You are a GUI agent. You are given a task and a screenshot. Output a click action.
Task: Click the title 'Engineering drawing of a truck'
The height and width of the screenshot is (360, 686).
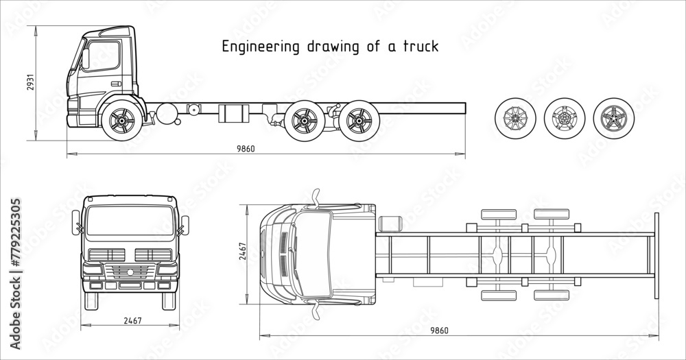click(329, 47)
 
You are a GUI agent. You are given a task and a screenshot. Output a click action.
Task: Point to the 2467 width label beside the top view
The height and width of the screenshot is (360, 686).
click(241, 253)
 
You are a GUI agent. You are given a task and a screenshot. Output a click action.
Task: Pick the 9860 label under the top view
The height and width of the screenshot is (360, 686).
click(439, 331)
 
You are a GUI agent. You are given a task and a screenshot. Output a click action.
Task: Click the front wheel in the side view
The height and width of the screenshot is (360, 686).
click(121, 121)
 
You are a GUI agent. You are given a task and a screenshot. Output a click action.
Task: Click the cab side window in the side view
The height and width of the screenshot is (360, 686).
click(102, 55)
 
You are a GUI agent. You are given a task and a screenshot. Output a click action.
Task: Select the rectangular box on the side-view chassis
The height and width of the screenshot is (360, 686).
click(232, 113)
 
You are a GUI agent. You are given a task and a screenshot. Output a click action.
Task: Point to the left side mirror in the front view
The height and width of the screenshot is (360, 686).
click(75, 223)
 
